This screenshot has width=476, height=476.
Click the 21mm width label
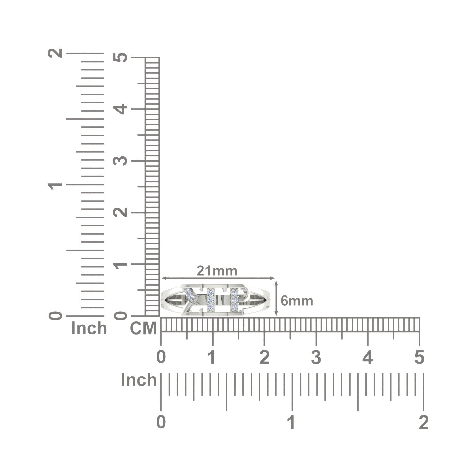217,271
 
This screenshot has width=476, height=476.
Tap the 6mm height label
297,301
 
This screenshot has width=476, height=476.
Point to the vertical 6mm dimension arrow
276,298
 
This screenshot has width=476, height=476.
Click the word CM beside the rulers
143,328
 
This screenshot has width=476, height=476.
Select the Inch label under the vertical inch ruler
89,328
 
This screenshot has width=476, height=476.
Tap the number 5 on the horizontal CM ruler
419,357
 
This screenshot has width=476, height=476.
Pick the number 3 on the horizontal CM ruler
316,357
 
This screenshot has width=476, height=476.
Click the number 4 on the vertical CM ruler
120,109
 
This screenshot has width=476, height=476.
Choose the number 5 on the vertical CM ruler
120,57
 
